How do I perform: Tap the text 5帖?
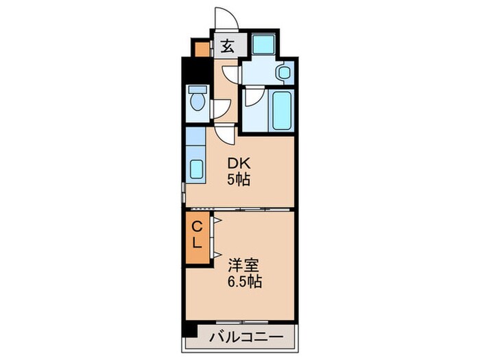(x=238, y=180)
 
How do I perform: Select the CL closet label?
(x=195, y=234)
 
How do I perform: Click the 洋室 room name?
(x=245, y=263)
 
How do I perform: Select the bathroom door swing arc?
(x=252, y=97)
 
